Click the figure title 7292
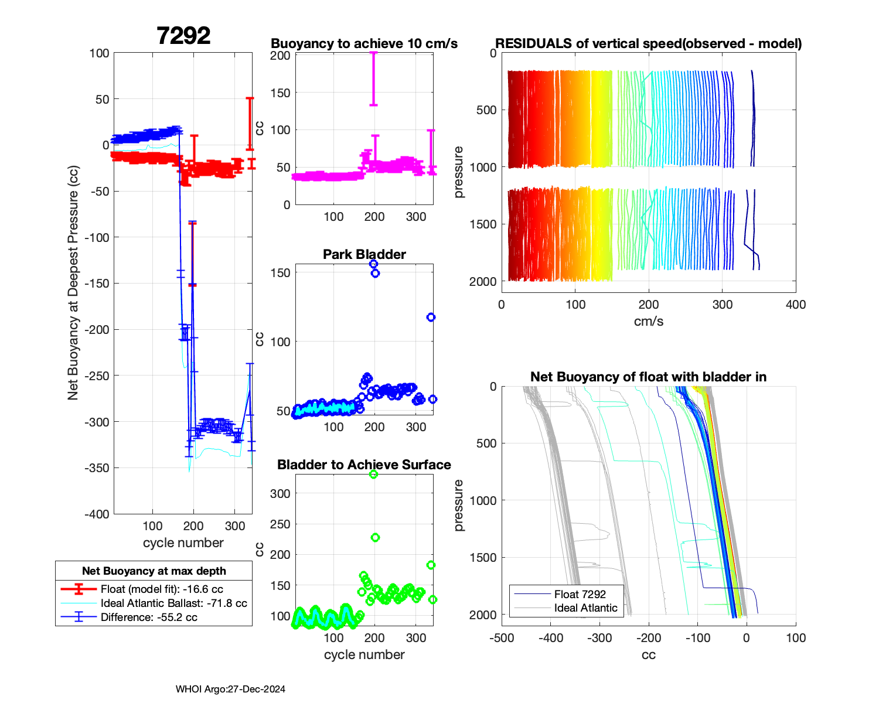point(183,36)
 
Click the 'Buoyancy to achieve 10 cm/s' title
point(364,44)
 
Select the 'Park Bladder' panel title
point(364,254)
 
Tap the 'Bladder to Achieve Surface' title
point(364,465)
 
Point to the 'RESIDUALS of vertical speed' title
point(648,44)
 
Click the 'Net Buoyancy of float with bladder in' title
point(648,377)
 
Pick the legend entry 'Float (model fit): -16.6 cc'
point(162,589)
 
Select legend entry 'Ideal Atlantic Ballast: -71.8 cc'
point(173,603)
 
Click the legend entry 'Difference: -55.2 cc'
point(149,617)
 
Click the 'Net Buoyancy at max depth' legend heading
point(154,571)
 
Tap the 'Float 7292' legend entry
point(580,595)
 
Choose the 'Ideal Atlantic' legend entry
point(585,608)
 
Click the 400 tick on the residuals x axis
point(796,305)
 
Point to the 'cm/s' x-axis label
point(648,322)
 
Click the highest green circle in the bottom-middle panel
point(373,475)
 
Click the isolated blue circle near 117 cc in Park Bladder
point(431,318)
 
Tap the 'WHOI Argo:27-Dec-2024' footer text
point(230,690)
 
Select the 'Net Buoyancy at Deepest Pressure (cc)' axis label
point(73,283)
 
